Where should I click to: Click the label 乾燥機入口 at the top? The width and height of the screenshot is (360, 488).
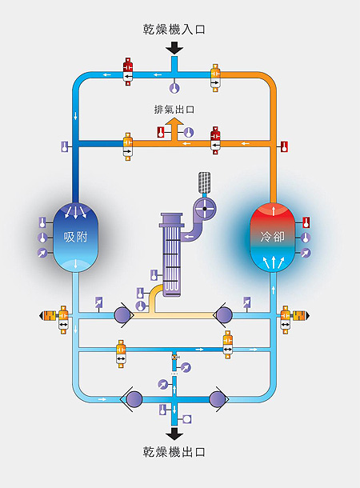174,30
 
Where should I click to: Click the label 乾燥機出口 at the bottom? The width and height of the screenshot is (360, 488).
174,452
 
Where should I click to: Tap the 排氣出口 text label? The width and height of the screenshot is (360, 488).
174,110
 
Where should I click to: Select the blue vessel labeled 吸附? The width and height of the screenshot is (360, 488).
76,237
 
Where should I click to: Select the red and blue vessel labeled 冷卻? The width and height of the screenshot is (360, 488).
273,237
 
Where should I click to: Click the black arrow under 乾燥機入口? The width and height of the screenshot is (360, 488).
174,49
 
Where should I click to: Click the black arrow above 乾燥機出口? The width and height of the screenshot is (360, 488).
174,434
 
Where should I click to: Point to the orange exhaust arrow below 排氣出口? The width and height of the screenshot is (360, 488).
174,128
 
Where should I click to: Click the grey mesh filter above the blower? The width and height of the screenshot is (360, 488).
205,182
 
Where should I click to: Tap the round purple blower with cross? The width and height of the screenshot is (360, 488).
205,209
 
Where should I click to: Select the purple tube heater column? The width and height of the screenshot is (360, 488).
171,254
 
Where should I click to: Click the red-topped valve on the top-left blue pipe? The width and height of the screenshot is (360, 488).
127,71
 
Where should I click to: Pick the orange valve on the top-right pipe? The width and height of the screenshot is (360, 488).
215,78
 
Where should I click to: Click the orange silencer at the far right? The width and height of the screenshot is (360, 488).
301,315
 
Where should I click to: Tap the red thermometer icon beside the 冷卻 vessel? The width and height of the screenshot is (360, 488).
306,222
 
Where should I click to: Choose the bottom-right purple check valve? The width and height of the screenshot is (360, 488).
218,399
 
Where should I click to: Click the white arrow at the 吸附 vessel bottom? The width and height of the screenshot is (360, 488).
76,264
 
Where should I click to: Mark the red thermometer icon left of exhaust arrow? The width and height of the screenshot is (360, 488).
161,132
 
